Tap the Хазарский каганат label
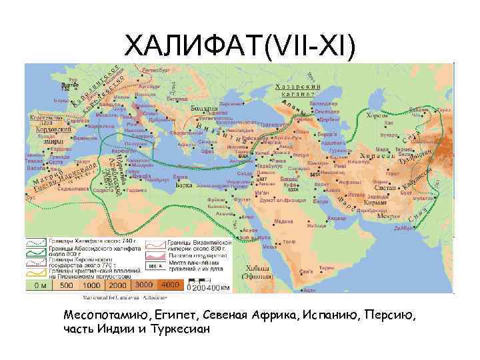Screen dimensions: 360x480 pos(303,91)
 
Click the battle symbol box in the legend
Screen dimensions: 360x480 pos(153,265)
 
